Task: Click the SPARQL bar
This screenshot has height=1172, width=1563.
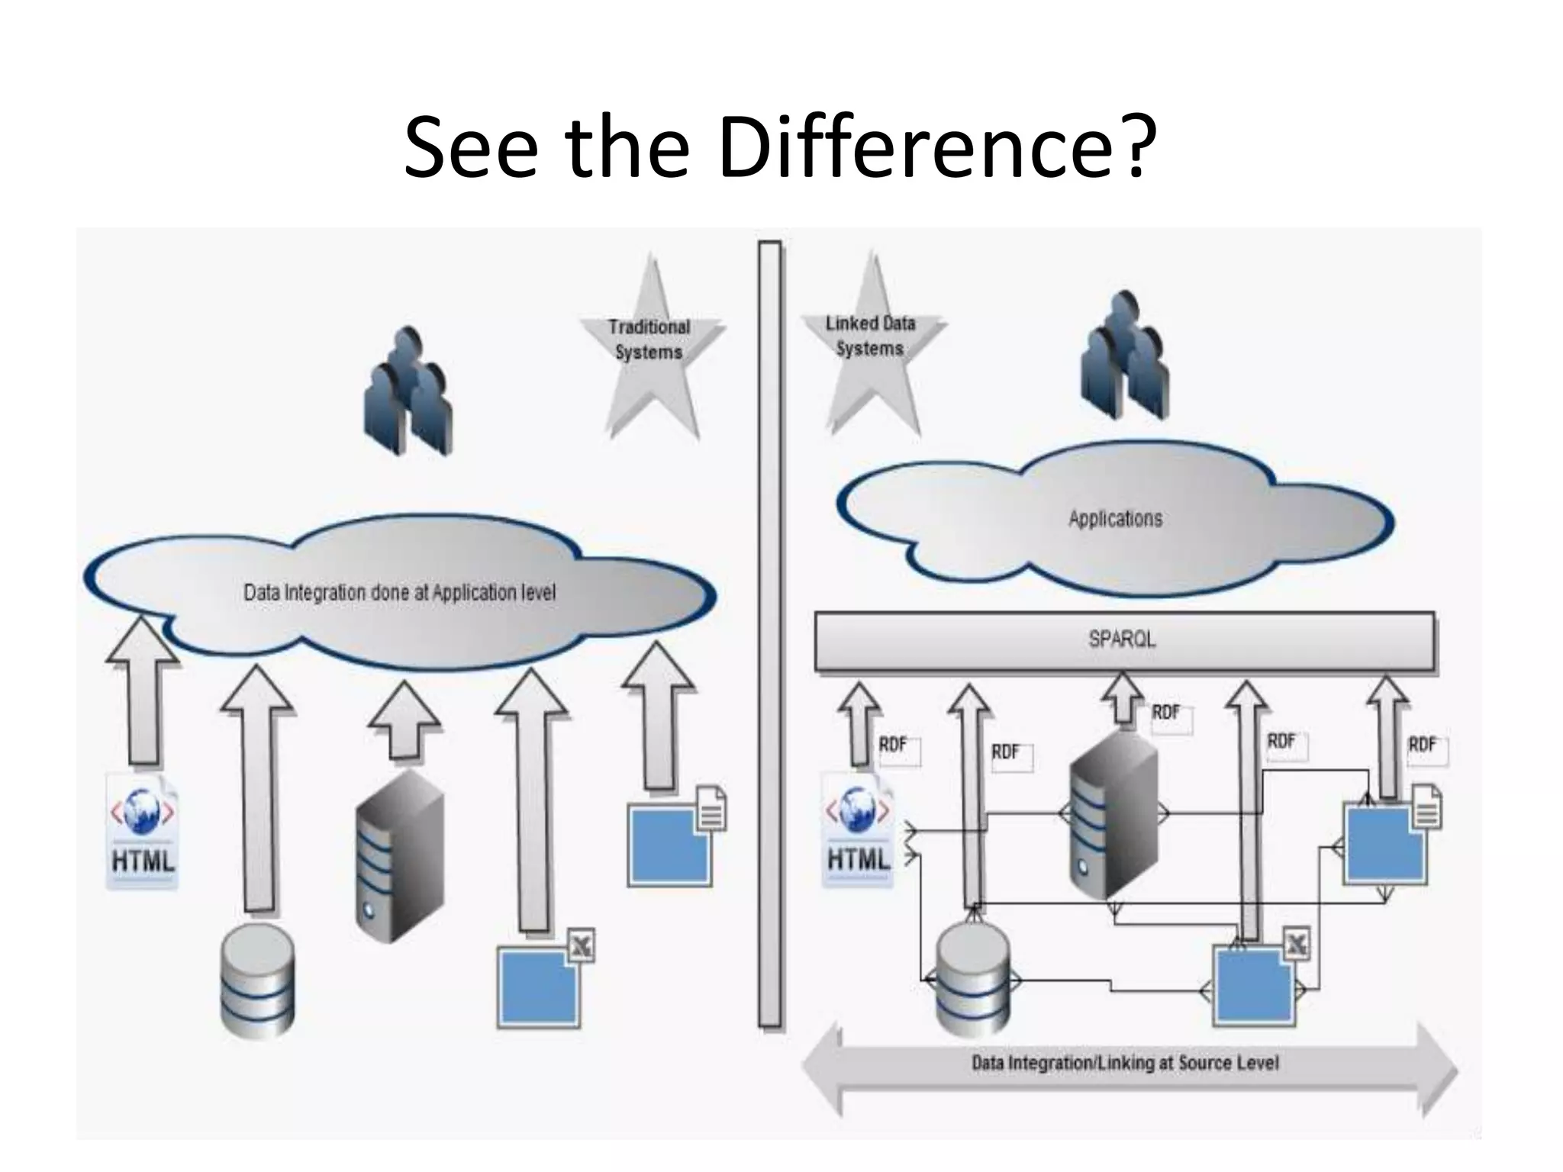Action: [x=1123, y=639]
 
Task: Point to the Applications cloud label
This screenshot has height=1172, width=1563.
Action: [x=1115, y=519]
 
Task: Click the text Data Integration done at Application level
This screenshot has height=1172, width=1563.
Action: [x=400, y=593]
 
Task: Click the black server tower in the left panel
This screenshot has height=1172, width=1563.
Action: [x=398, y=855]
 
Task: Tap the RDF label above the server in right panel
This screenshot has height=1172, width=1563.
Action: [x=1165, y=713]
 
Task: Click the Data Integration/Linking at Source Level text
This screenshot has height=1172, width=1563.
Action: [x=1125, y=1063]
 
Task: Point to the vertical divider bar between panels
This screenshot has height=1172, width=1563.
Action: [x=770, y=633]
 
